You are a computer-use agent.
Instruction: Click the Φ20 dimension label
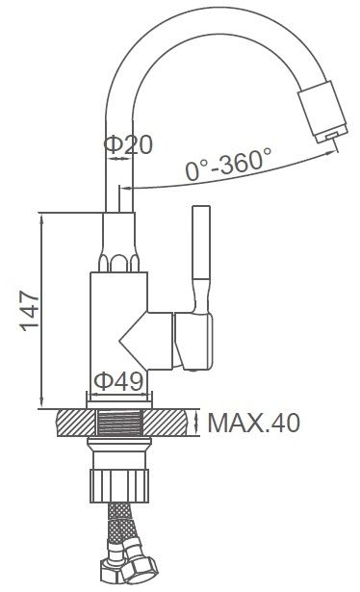click(x=128, y=143)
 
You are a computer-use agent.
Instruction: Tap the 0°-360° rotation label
click(x=228, y=164)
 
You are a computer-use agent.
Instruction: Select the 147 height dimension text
click(x=30, y=311)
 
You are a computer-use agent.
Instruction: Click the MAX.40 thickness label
click(x=254, y=423)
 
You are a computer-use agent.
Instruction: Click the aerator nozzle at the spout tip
click(x=323, y=112)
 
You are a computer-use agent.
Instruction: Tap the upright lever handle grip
click(x=201, y=243)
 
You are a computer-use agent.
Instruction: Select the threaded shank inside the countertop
click(x=119, y=423)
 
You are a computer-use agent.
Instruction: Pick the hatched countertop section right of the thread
click(x=167, y=423)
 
